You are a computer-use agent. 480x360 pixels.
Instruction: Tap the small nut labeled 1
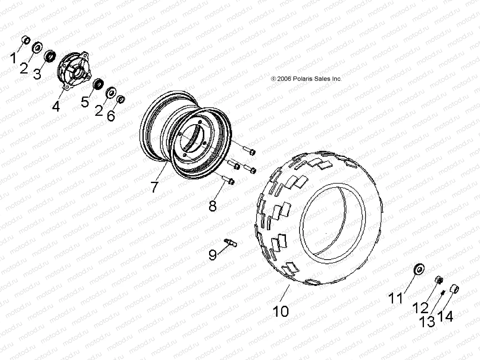coord(26,40)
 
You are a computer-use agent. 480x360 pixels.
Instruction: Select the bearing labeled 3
coord(50,56)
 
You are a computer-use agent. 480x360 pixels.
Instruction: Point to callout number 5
coord(85,101)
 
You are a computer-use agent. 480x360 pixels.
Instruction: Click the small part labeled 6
coord(121,99)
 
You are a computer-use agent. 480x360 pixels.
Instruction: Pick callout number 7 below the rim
coord(154,186)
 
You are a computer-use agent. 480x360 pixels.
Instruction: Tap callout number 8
coord(212,206)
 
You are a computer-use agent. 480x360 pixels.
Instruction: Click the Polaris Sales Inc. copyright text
coord(306,79)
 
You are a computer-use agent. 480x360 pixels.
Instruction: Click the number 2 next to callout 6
coord(99,111)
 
